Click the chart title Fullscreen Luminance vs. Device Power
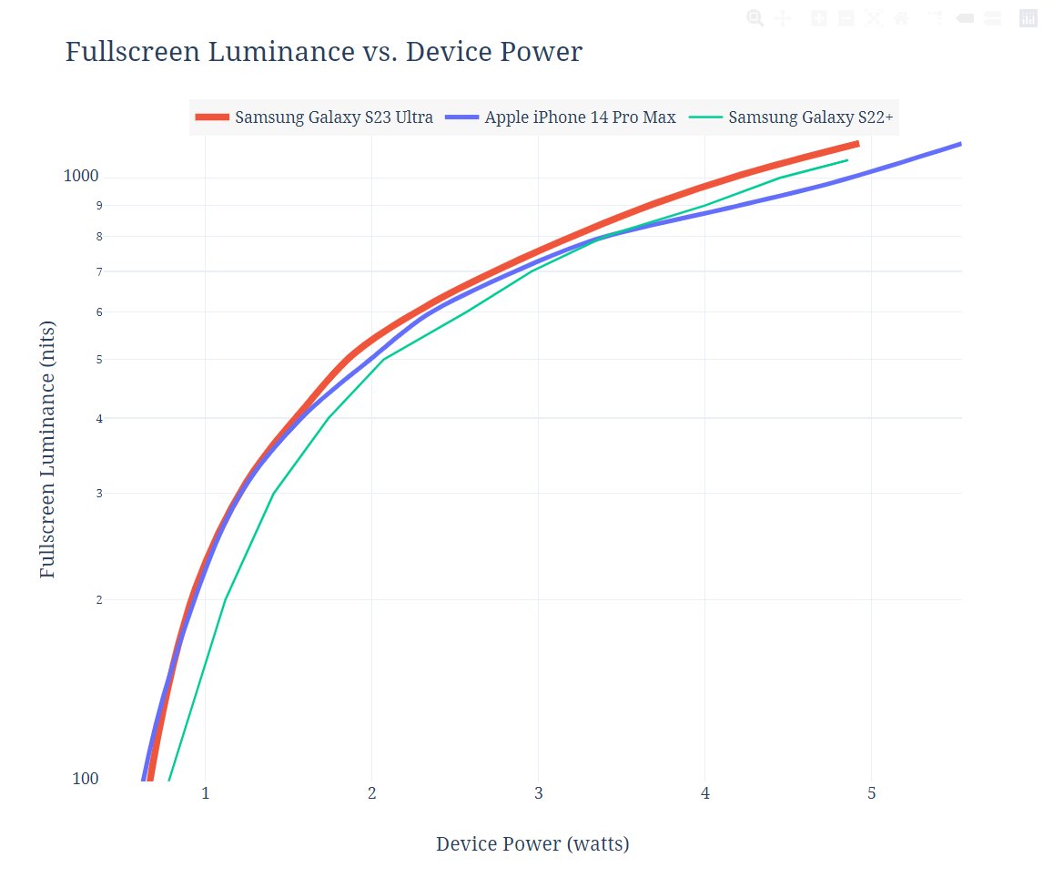323,53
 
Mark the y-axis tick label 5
98,360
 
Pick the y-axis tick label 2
98,600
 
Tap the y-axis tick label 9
98,206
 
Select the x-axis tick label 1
206,794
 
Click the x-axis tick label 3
539,794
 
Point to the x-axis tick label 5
872,794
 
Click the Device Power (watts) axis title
532,844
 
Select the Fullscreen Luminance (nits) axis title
48,449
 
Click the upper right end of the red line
857,144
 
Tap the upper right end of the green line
847,160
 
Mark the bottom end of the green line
168,780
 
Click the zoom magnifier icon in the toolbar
755,18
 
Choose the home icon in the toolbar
901,18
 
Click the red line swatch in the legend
213,117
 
